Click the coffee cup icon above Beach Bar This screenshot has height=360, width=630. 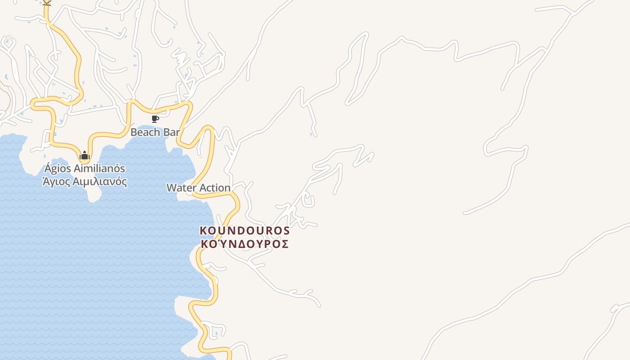[x=155, y=119]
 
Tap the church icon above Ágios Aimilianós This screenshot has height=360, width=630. [x=84, y=156]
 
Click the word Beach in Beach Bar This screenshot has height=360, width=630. [x=145, y=132]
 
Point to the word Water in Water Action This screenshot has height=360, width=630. [x=180, y=188]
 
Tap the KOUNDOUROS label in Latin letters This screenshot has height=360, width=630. [x=244, y=230]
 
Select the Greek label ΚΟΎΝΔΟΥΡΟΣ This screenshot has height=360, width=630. [x=244, y=244]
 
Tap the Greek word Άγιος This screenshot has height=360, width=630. [x=55, y=182]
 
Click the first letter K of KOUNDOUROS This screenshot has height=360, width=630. [x=203, y=230]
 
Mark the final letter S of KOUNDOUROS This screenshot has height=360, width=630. [x=286, y=230]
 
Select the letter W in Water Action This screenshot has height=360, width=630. [x=171, y=188]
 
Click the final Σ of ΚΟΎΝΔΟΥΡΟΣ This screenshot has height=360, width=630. [x=284, y=244]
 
